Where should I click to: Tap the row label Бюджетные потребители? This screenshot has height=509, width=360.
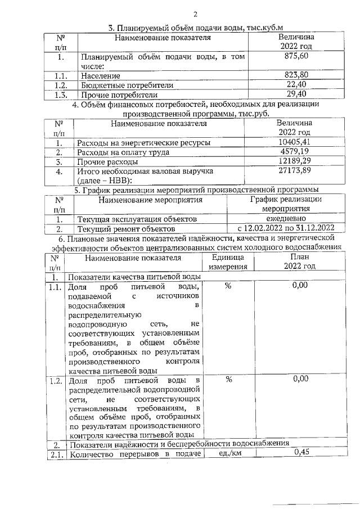tap(127, 85)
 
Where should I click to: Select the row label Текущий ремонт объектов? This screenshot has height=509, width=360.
tap(126, 229)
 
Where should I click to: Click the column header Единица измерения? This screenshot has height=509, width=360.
tap(228, 263)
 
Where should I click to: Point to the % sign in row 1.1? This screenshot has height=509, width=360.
tap(228, 286)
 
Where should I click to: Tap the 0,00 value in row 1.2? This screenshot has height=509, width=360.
tap(300, 379)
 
